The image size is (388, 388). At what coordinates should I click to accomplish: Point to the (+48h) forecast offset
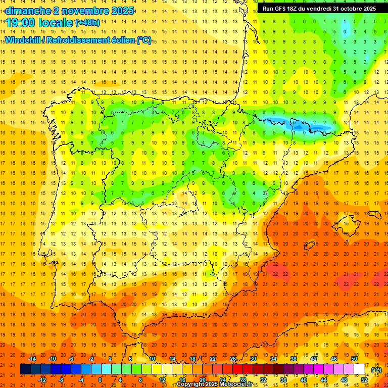tap(87, 23)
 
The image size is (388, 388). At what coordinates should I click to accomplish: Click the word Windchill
tap(22, 40)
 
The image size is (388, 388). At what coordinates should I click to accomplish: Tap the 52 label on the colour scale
tap(364, 379)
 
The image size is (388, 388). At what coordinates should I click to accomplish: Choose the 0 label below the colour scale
tap(100, 379)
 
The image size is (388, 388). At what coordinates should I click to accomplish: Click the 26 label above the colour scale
tap(232, 359)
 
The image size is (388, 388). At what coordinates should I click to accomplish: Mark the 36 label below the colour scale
tap(283, 379)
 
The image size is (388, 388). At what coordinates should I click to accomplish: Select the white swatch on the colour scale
tap(359, 369)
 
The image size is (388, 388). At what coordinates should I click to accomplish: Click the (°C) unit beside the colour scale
tap(376, 370)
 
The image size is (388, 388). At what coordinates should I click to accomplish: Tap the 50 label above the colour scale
tap(354, 359)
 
